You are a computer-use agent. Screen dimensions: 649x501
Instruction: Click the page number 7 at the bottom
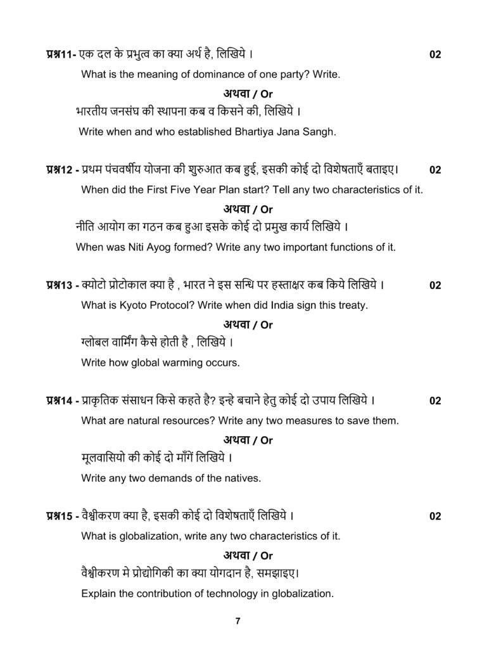(x=238, y=621)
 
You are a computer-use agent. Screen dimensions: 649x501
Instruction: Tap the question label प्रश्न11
(x=61, y=55)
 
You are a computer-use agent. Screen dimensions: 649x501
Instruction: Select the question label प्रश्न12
(x=61, y=170)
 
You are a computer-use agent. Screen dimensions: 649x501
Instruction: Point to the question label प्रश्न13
(x=61, y=285)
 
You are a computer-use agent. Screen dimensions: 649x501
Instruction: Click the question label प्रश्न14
(x=61, y=401)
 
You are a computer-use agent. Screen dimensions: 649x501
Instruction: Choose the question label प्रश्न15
(x=61, y=516)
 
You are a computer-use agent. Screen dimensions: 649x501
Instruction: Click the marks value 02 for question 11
(x=434, y=55)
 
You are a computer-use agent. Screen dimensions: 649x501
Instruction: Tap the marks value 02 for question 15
(x=434, y=517)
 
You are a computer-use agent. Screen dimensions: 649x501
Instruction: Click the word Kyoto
(x=124, y=305)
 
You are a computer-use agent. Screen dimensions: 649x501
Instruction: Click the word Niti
(x=138, y=247)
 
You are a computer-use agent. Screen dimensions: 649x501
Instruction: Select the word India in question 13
(x=282, y=305)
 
